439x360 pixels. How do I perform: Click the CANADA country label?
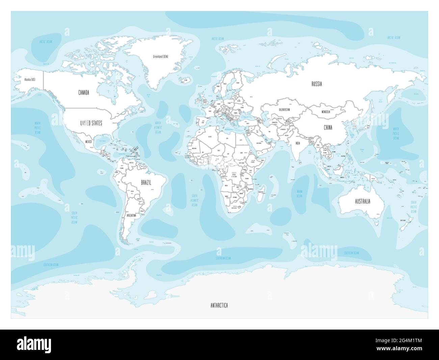pos(83,93)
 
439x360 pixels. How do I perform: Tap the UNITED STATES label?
pos(91,123)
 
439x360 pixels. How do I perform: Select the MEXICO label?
pos(89,142)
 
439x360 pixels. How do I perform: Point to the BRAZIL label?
pos(146,183)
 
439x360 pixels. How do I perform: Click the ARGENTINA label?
pos(131,215)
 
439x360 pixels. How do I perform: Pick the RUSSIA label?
pos(316,84)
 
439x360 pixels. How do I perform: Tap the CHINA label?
pos(328,128)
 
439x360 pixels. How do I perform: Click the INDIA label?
pos(298,143)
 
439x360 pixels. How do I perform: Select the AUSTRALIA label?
pos(362,201)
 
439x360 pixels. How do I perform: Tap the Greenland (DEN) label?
pos(160,66)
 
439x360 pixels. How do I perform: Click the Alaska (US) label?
pos(29,80)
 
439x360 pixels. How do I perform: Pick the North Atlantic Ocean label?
pos(158,128)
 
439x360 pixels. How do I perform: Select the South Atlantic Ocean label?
pos(195,200)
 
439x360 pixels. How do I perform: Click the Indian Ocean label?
pos(299,194)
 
